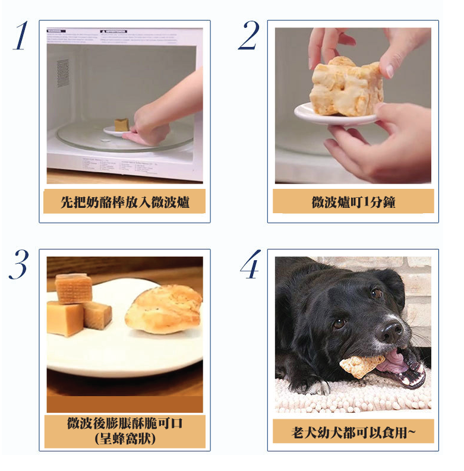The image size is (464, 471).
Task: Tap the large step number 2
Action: pyautogui.click(x=249, y=35)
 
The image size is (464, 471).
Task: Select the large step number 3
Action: pyautogui.click(x=19, y=264)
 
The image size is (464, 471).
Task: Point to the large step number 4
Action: pyautogui.click(x=251, y=264)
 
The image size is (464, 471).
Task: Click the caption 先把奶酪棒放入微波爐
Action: pyautogui.click(x=125, y=202)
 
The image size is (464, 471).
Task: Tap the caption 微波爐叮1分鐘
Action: pyautogui.click(x=353, y=202)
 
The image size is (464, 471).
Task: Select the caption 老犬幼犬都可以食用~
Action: pyautogui.click(x=353, y=432)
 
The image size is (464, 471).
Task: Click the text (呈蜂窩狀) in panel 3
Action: pyautogui.click(x=125, y=439)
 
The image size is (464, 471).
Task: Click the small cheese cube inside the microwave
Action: pyautogui.click(x=121, y=125)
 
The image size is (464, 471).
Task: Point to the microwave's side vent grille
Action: pyautogui.click(x=63, y=73)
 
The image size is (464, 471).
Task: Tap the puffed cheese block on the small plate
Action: pyautogui.click(x=347, y=87)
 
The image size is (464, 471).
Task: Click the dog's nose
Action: pyautogui.click(x=390, y=331)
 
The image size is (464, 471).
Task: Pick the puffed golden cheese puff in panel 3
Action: pyautogui.click(x=164, y=309)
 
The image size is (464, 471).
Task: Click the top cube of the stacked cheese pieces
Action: pyautogui.click(x=74, y=289)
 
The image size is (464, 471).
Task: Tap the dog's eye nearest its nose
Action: pyautogui.click(x=339, y=324)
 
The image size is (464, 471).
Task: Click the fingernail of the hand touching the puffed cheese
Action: pyautogui.click(x=390, y=71)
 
